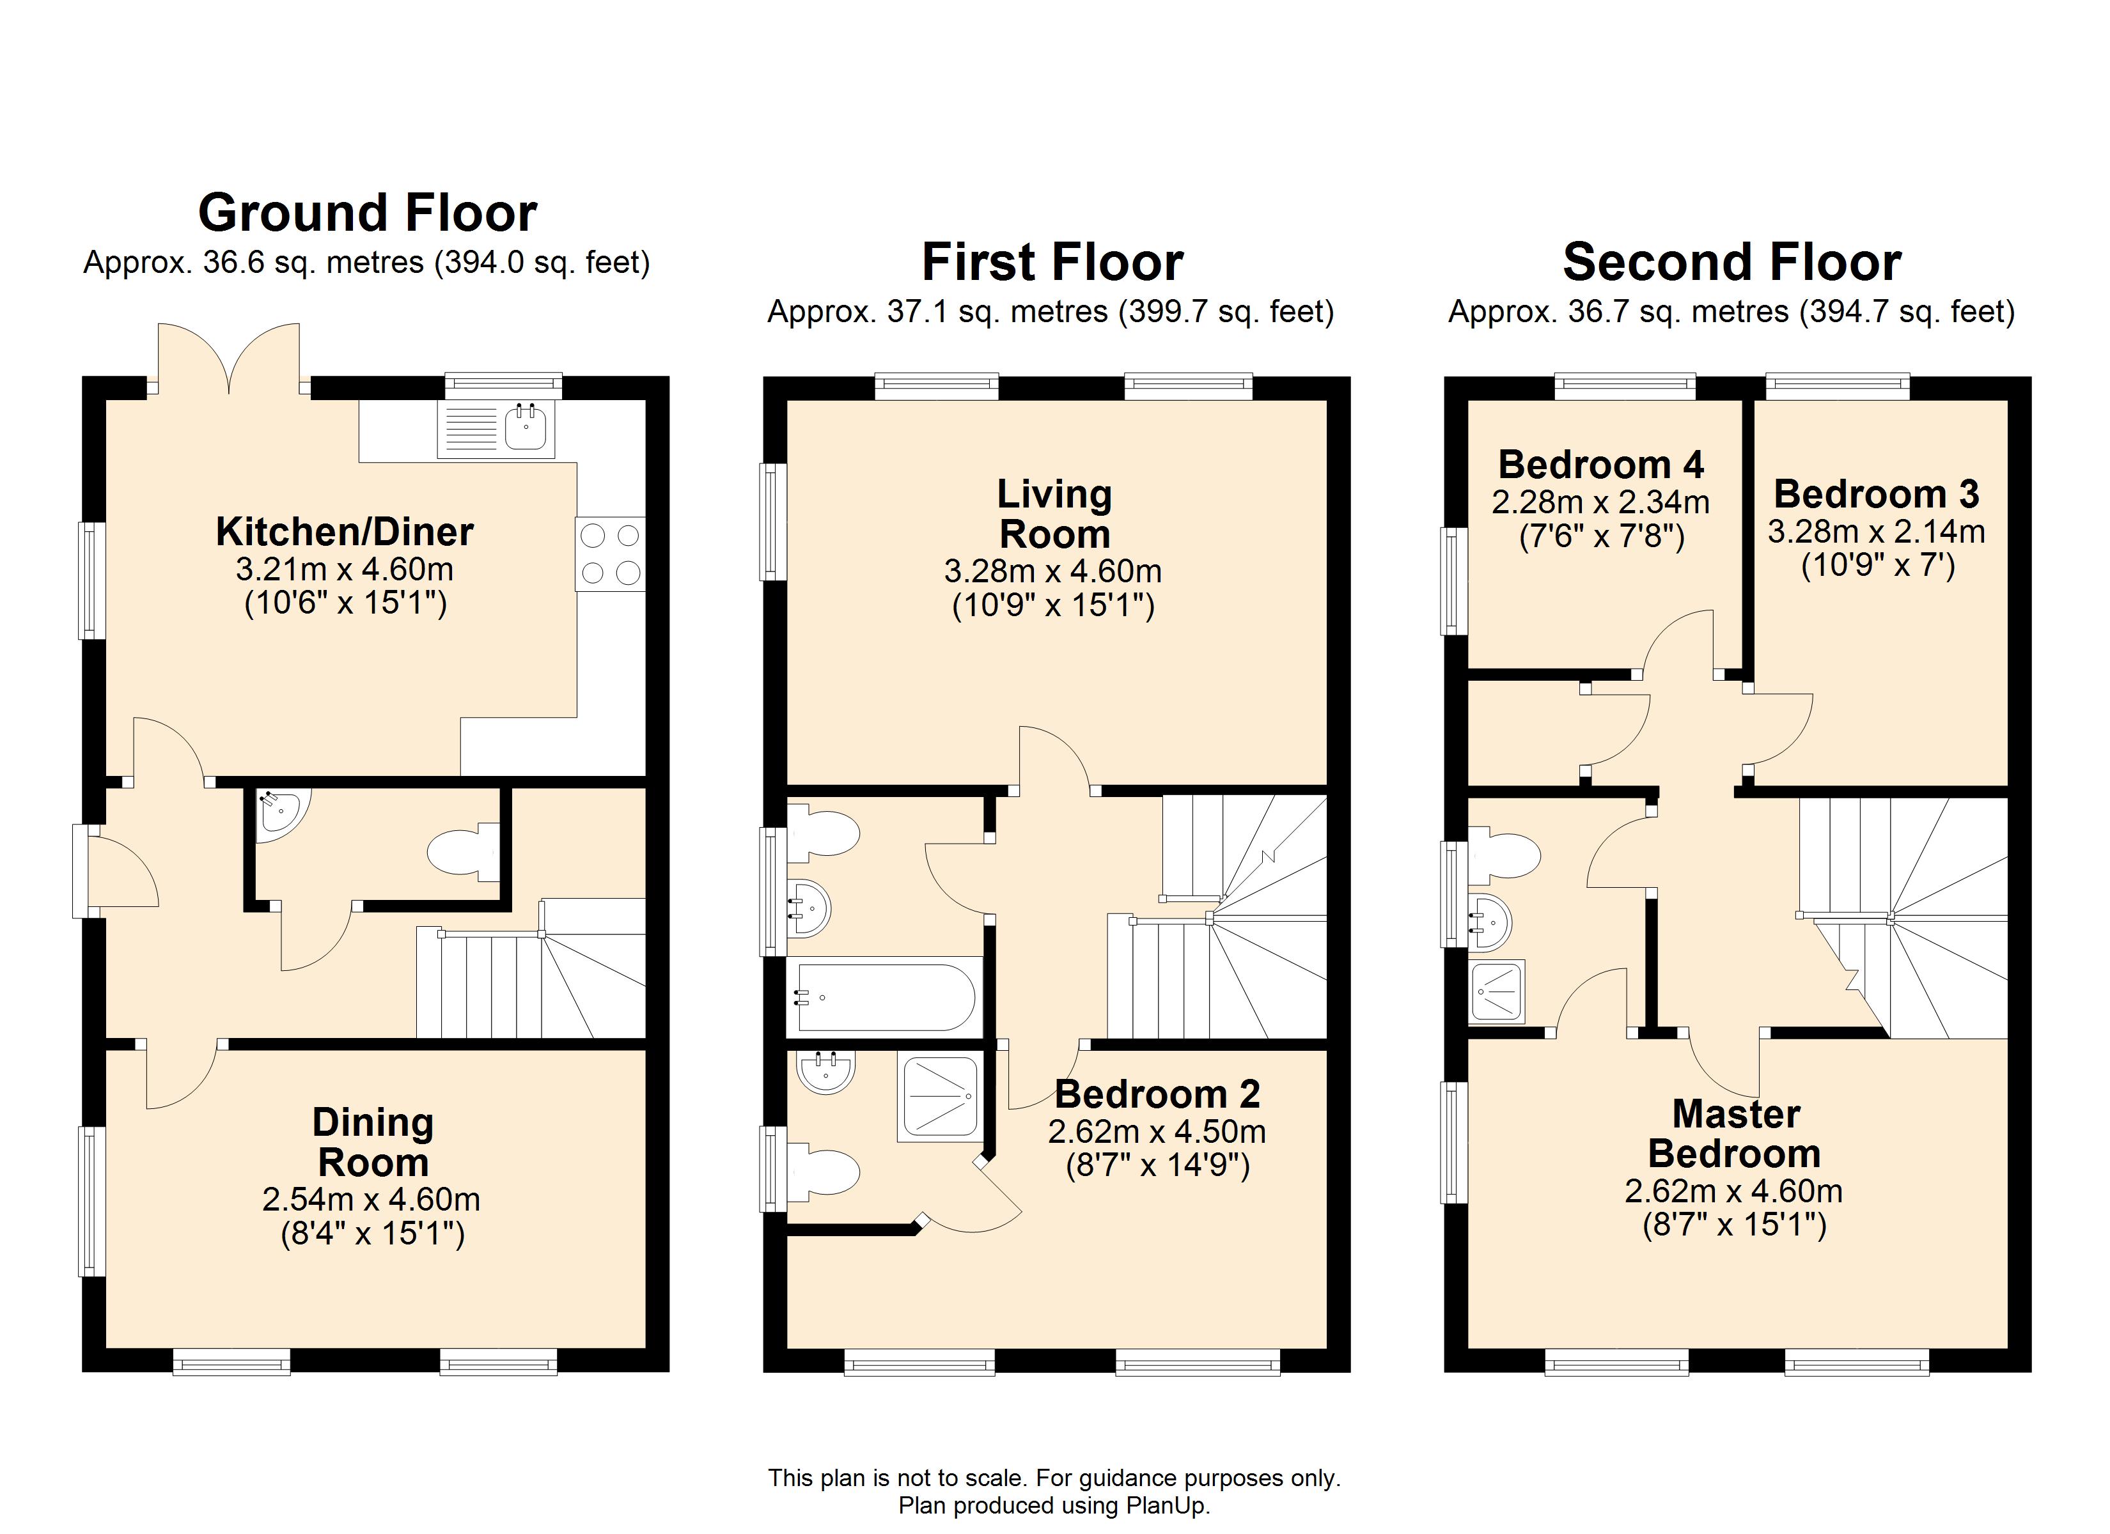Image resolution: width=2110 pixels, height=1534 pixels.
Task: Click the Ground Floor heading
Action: (x=368, y=213)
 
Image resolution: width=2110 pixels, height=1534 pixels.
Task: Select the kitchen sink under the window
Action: (x=497, y=429)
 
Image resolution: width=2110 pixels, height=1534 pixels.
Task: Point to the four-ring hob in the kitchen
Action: (x=610, y=554)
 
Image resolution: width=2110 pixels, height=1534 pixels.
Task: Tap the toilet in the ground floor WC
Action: (x=462, y=851)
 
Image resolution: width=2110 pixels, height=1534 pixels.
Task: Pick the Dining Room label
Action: (x=373, y=1142)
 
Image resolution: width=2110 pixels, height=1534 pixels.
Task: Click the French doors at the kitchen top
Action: (x=229, y=358)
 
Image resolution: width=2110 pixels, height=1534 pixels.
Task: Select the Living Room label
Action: (x=1054, y=515)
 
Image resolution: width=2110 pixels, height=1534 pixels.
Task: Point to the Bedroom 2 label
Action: (x=1157, y=1094)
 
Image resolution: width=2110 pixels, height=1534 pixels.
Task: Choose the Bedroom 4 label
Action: (x=1601, y=464)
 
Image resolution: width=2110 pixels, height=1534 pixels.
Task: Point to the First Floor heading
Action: (x=1052, y=262)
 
